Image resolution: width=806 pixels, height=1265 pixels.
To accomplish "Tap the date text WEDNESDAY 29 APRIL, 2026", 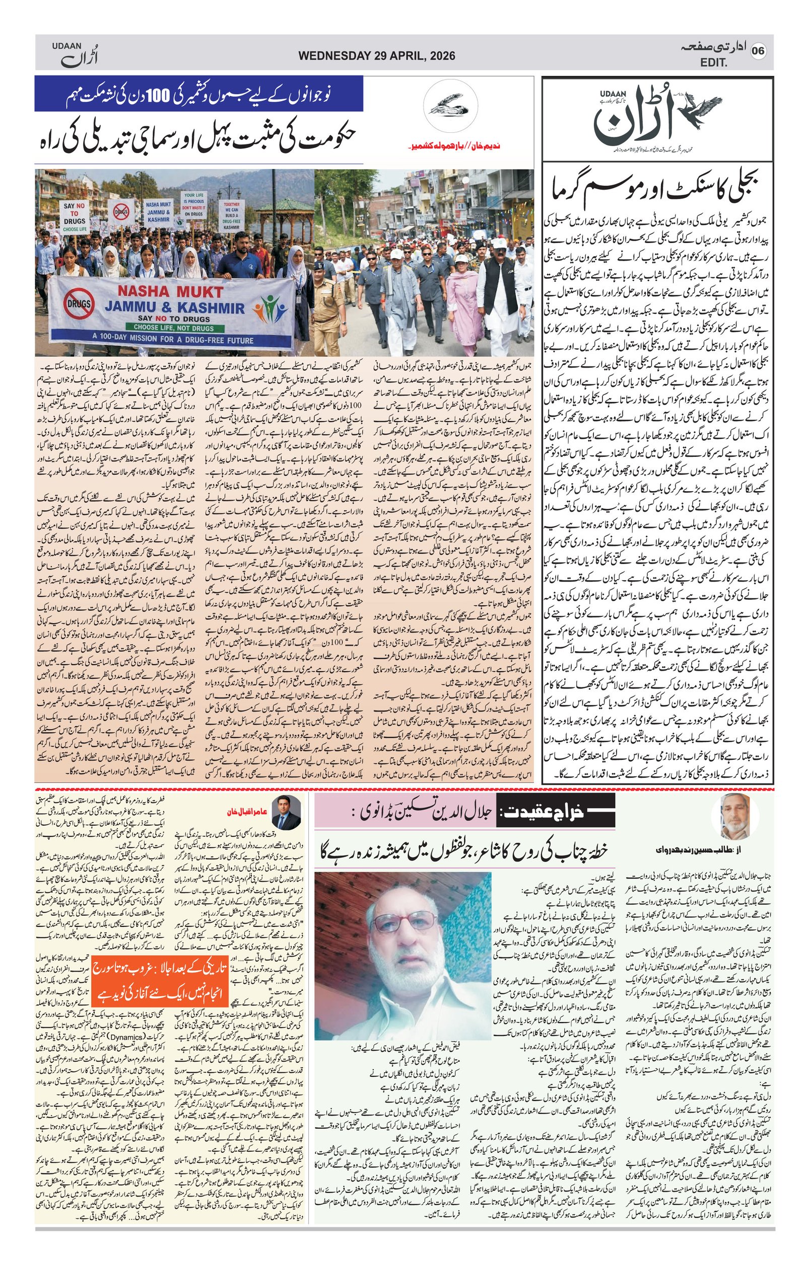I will click(376, 56).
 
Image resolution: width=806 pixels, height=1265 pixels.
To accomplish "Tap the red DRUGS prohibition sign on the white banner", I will click(79, 304).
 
